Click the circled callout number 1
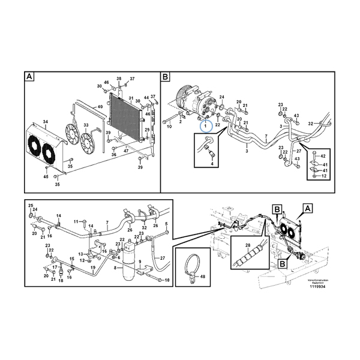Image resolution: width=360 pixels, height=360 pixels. click(204, 125)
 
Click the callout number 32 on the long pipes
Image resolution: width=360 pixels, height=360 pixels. click(311, 124)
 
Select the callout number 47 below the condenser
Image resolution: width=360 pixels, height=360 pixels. click(126, 152)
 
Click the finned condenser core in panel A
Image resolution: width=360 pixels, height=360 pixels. click(125, 118)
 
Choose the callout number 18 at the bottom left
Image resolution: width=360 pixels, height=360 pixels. click(61, 280)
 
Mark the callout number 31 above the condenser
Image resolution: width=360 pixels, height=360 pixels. click(131, 98)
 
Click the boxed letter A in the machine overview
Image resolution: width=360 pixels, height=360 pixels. click(308, 208)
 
